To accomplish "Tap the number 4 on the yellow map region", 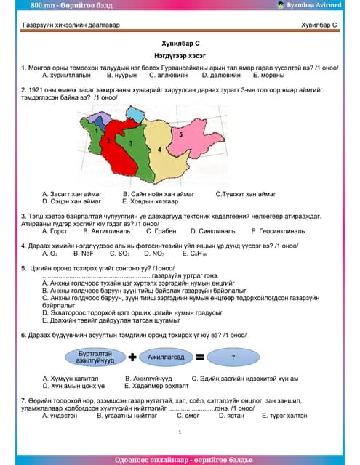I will point(159,148).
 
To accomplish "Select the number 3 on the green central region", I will point(129,144).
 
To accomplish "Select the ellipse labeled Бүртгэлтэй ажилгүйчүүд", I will point(95,356).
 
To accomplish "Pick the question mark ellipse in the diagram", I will point(233,357).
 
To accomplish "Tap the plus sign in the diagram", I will point(132,357).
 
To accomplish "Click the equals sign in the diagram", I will point(199,357).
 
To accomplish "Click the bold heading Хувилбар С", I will point(179,44).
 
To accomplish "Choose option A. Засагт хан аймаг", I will point(71,194).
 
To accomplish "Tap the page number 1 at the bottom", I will point(179,432).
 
